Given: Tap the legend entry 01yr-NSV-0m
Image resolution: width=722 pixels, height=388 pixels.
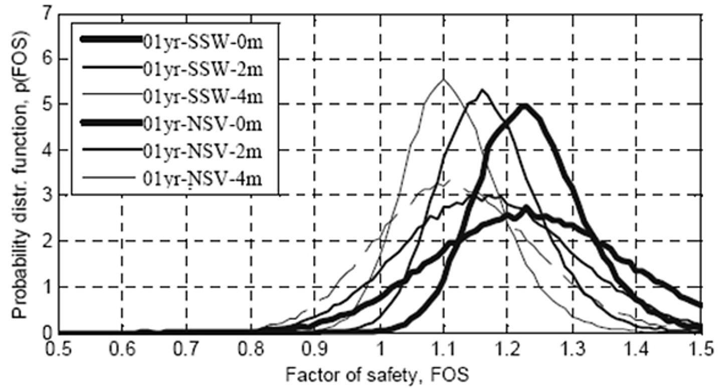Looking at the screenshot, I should pos(201,123).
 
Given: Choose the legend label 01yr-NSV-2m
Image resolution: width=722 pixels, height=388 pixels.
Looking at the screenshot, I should pos(201,150).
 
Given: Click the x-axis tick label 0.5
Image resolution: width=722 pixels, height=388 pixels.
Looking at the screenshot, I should pos(59,348).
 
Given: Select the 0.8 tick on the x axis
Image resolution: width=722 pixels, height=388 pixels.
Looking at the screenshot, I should pos(251,348).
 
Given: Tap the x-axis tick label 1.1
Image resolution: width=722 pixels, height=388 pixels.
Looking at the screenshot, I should pos(443,348).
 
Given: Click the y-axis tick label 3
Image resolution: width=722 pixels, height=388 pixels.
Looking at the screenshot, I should pos(48,196).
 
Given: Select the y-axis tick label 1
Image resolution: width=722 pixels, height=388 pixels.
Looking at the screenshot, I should pos(48,287).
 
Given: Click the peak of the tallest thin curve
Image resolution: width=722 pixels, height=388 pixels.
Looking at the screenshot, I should pos(443,79).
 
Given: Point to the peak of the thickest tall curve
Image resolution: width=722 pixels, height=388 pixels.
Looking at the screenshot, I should pos(524,105).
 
